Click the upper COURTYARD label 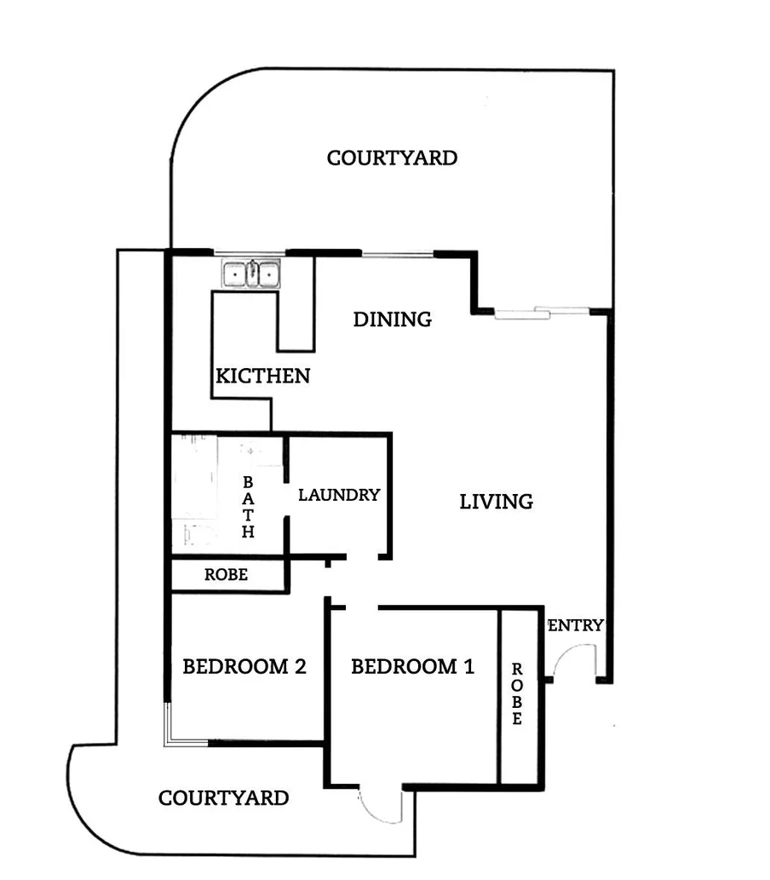pyautogui.click(x=392, y=158)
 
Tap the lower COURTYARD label pyautogui.click(x=223, y=798)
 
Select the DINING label pyautogui.click(x=392, y=319)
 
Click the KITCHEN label pyautogui.click(x=262, y=376)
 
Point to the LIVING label pyautogui.click(x=496, y=502)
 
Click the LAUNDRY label pyautogui.click(x=338, y=494)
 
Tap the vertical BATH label pyautogui.click(x=248, y=507)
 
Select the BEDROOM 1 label pyautogui.click(x=412, y=666)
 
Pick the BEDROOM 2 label pyautogui.click(x=244, y=666)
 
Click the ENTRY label pyautogui.click(x=577, y=625)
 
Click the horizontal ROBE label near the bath pyautogui.click(x=226, y=575)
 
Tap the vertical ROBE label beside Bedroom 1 pyautogui.click(x=517, y=694)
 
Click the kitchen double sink pyautogui.click(x=251, y=274)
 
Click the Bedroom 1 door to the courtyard pyautogui.click(x=380, y=805)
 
